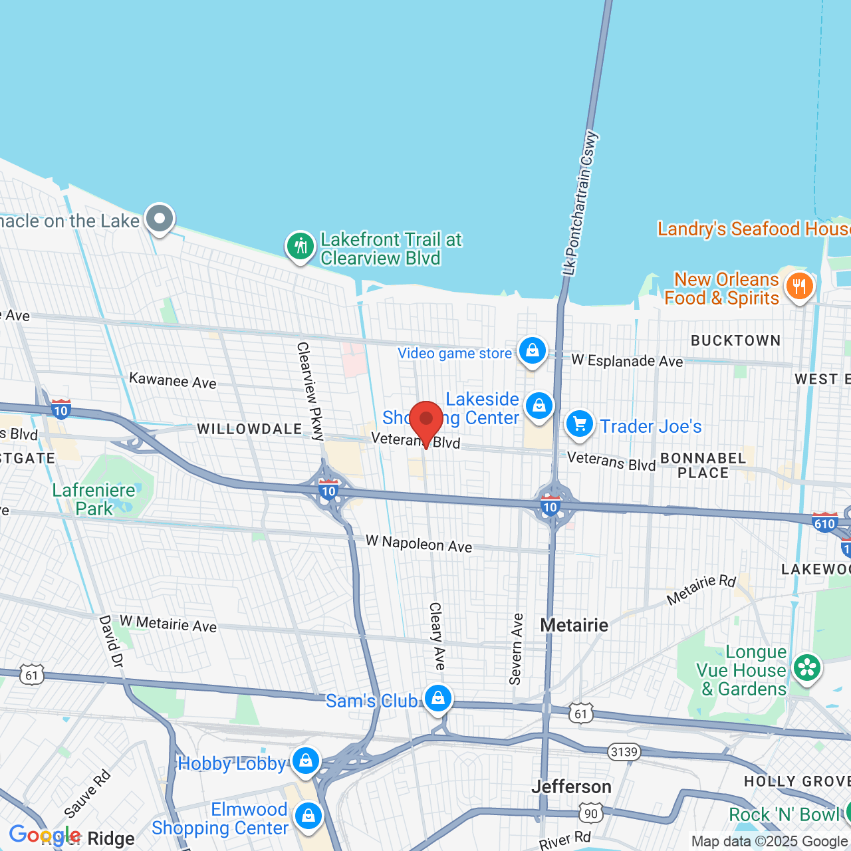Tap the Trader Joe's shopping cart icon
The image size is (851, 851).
(579, 424)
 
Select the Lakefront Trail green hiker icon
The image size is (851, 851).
(300, 247)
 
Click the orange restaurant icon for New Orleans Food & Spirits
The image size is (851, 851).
(799, 287)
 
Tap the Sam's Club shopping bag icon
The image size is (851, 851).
(437, 698)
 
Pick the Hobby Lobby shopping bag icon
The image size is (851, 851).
(306, 761)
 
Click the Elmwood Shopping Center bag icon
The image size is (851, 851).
(308, 815)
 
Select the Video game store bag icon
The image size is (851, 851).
(532, 350)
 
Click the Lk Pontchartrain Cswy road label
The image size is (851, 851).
(580, 203)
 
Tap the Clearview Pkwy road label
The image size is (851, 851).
(310, 391)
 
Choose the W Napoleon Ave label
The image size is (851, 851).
(419, 543)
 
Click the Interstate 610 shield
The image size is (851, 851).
(824, 523)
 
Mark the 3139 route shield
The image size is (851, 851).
(624, 752)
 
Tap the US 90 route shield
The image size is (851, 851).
(590, 813)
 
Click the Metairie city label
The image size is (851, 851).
(574, 625)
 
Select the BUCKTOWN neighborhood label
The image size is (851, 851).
(736, 340)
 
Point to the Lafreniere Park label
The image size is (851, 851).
(94, 499)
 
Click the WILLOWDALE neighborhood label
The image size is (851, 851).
(250, 429)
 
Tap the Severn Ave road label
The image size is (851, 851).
(517, 649)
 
